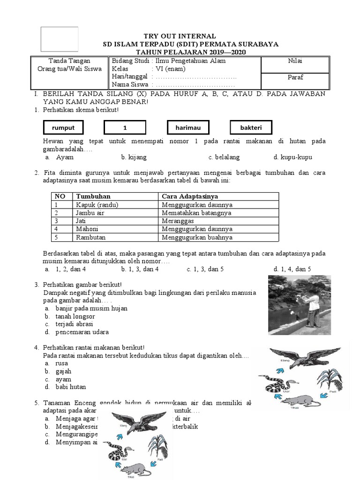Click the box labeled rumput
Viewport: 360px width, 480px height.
(63, 127)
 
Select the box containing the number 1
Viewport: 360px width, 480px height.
(125, 127)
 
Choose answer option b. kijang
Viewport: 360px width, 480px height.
(132, 157)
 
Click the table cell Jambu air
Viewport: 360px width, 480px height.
(90, 213)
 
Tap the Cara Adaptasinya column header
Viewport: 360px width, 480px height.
(189, 196)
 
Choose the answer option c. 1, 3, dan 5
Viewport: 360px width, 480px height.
(205, 269)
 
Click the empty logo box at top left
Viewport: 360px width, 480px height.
(60, 39)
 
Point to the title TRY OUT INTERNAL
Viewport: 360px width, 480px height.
(180, 36)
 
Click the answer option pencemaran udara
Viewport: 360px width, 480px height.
(82, 332)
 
